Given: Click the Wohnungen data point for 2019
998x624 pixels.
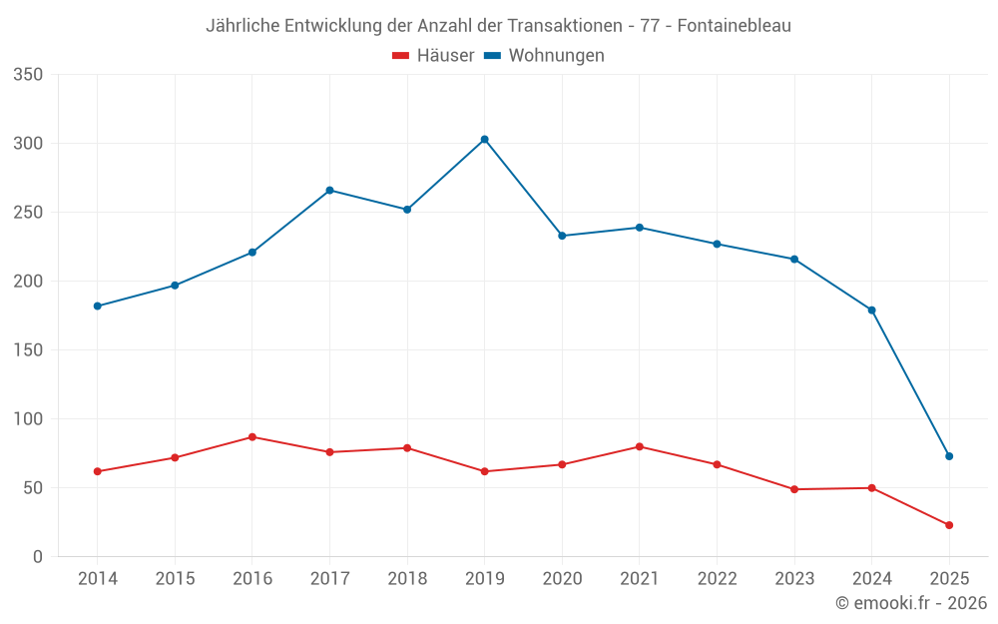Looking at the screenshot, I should (x=484, y=139).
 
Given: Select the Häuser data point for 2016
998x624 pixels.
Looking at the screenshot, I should (x=252, y=437).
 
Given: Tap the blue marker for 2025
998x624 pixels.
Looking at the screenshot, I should (x=949, y=456).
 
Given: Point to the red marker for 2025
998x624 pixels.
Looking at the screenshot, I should (x=949, y=525).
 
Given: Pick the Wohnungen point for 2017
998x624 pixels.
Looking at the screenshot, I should (x=329, y=190).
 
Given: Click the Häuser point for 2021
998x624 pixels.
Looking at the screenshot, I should (x=640, y=446).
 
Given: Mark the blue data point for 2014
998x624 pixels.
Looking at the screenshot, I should (x=97, y=306).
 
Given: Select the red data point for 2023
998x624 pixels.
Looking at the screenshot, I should (x=794, y=489).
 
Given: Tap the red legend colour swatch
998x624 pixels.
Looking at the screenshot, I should (x=401, y=56).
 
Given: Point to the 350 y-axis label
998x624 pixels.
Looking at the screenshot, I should (x=28, y=75).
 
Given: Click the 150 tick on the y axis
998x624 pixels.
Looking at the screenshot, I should (x=28, y=350).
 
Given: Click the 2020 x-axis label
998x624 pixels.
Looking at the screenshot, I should (x=562, y=579).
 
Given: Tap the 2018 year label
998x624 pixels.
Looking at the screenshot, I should (x=407, y=579).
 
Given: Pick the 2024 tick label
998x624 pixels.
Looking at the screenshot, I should (x=871, y=579).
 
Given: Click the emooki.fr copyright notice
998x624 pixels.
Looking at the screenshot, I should (x=911, y=603).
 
